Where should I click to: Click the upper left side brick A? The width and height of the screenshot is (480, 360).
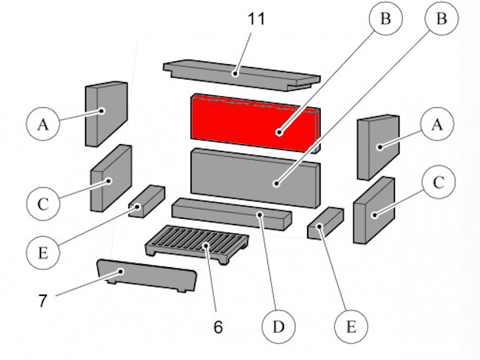pyautogui.click(x=105, y=112)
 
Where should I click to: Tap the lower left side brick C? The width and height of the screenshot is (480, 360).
pyautogui.click(x=110, y=178)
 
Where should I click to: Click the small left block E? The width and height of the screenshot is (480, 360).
pyautogui.click(x=146, y=201)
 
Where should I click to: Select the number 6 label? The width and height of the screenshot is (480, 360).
pyautogui.click(x=218, y=327)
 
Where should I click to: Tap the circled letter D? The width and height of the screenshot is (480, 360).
pyautogui.click(x=277, y=328)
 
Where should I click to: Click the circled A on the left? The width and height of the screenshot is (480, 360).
pyautogui.click(x=43, y=125)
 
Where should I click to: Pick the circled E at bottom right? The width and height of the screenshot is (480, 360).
pyautogui.click(x=351, y=327)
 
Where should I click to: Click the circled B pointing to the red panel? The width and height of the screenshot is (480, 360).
pyautogui.click(x=386, y=20)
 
